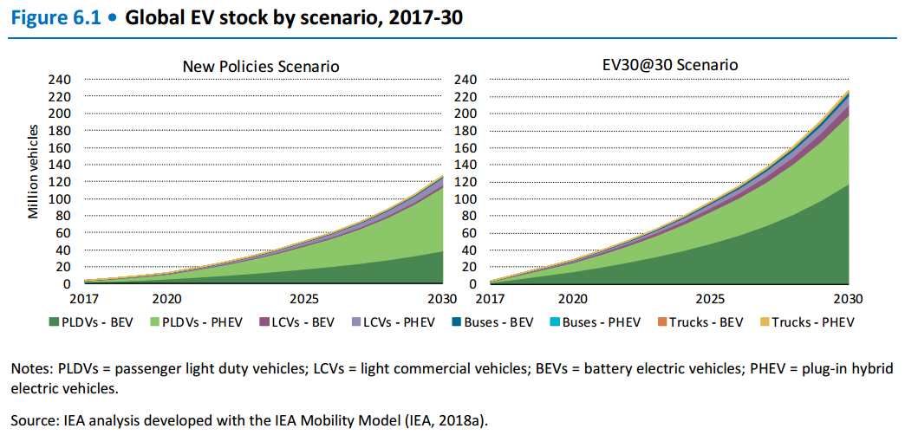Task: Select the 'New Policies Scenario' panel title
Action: (260, 67)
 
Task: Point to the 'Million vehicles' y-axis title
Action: (34, 172)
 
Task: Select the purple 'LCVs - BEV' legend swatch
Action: (264, 323)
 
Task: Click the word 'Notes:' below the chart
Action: (30, 368)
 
